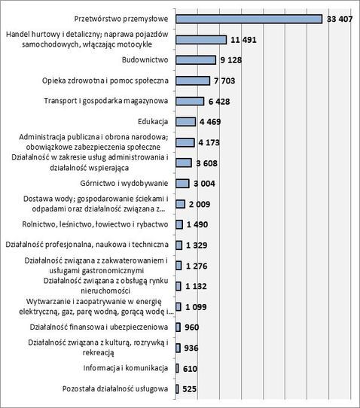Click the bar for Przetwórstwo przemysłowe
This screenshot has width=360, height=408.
249,19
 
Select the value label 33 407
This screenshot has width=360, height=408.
340,19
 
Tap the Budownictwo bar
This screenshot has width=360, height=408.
196,60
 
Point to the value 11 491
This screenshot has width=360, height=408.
243,40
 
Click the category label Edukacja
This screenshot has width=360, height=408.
153,121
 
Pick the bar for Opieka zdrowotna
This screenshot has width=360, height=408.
193,81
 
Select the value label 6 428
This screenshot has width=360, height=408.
219,101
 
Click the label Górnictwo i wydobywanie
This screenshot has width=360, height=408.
124,183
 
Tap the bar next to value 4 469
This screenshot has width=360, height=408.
185,121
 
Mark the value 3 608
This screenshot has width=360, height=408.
206,163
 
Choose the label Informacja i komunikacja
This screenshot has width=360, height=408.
126,368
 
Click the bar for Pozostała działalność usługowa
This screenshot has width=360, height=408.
177,389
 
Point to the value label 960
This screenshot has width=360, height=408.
191,327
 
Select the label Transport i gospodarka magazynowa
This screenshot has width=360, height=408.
106,101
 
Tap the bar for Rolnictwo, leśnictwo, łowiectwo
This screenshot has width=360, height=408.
179,224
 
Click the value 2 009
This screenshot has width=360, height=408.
200,204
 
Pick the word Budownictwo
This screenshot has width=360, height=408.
145,59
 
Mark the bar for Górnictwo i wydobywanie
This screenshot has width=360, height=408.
182,184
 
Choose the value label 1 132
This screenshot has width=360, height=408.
196,286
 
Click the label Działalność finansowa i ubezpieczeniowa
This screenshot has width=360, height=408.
99,327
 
